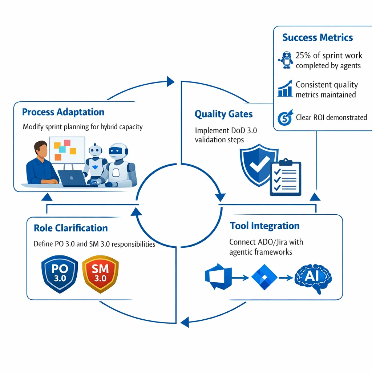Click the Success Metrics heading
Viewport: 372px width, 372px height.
coord(318,37)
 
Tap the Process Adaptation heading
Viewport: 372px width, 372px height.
coord(63,112)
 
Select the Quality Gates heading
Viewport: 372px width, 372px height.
coord(223,114)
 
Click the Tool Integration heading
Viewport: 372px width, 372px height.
coord(264,226)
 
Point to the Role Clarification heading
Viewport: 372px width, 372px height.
coord(70,228)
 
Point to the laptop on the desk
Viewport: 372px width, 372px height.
coord(72,178)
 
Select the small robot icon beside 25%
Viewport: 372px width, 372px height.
coord(286,60)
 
